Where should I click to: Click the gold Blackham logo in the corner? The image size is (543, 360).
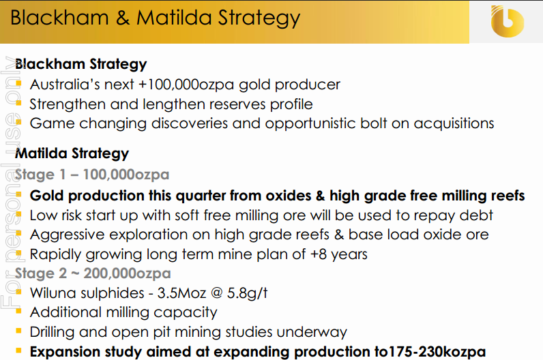click(507, 21)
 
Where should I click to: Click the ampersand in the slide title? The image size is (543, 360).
click(123, 18)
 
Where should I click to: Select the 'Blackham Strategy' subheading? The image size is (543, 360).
click(81, 64)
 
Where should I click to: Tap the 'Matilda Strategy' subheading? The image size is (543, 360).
click(72, 153)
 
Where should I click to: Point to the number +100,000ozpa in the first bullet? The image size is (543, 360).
click(186, 85)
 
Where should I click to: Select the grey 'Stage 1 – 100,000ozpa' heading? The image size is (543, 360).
click(92, 175)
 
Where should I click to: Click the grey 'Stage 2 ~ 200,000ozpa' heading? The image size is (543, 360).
click(93, 273)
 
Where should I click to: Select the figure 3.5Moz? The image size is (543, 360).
click(181, 293)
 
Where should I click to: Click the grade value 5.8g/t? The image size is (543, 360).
click(247, 293)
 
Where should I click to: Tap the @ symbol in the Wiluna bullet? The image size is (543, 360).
click(216, 293)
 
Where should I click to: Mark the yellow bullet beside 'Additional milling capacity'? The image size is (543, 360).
click(18, 312)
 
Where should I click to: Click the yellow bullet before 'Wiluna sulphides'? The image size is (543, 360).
click(18, 292)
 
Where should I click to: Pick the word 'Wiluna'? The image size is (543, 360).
click(52, 293)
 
